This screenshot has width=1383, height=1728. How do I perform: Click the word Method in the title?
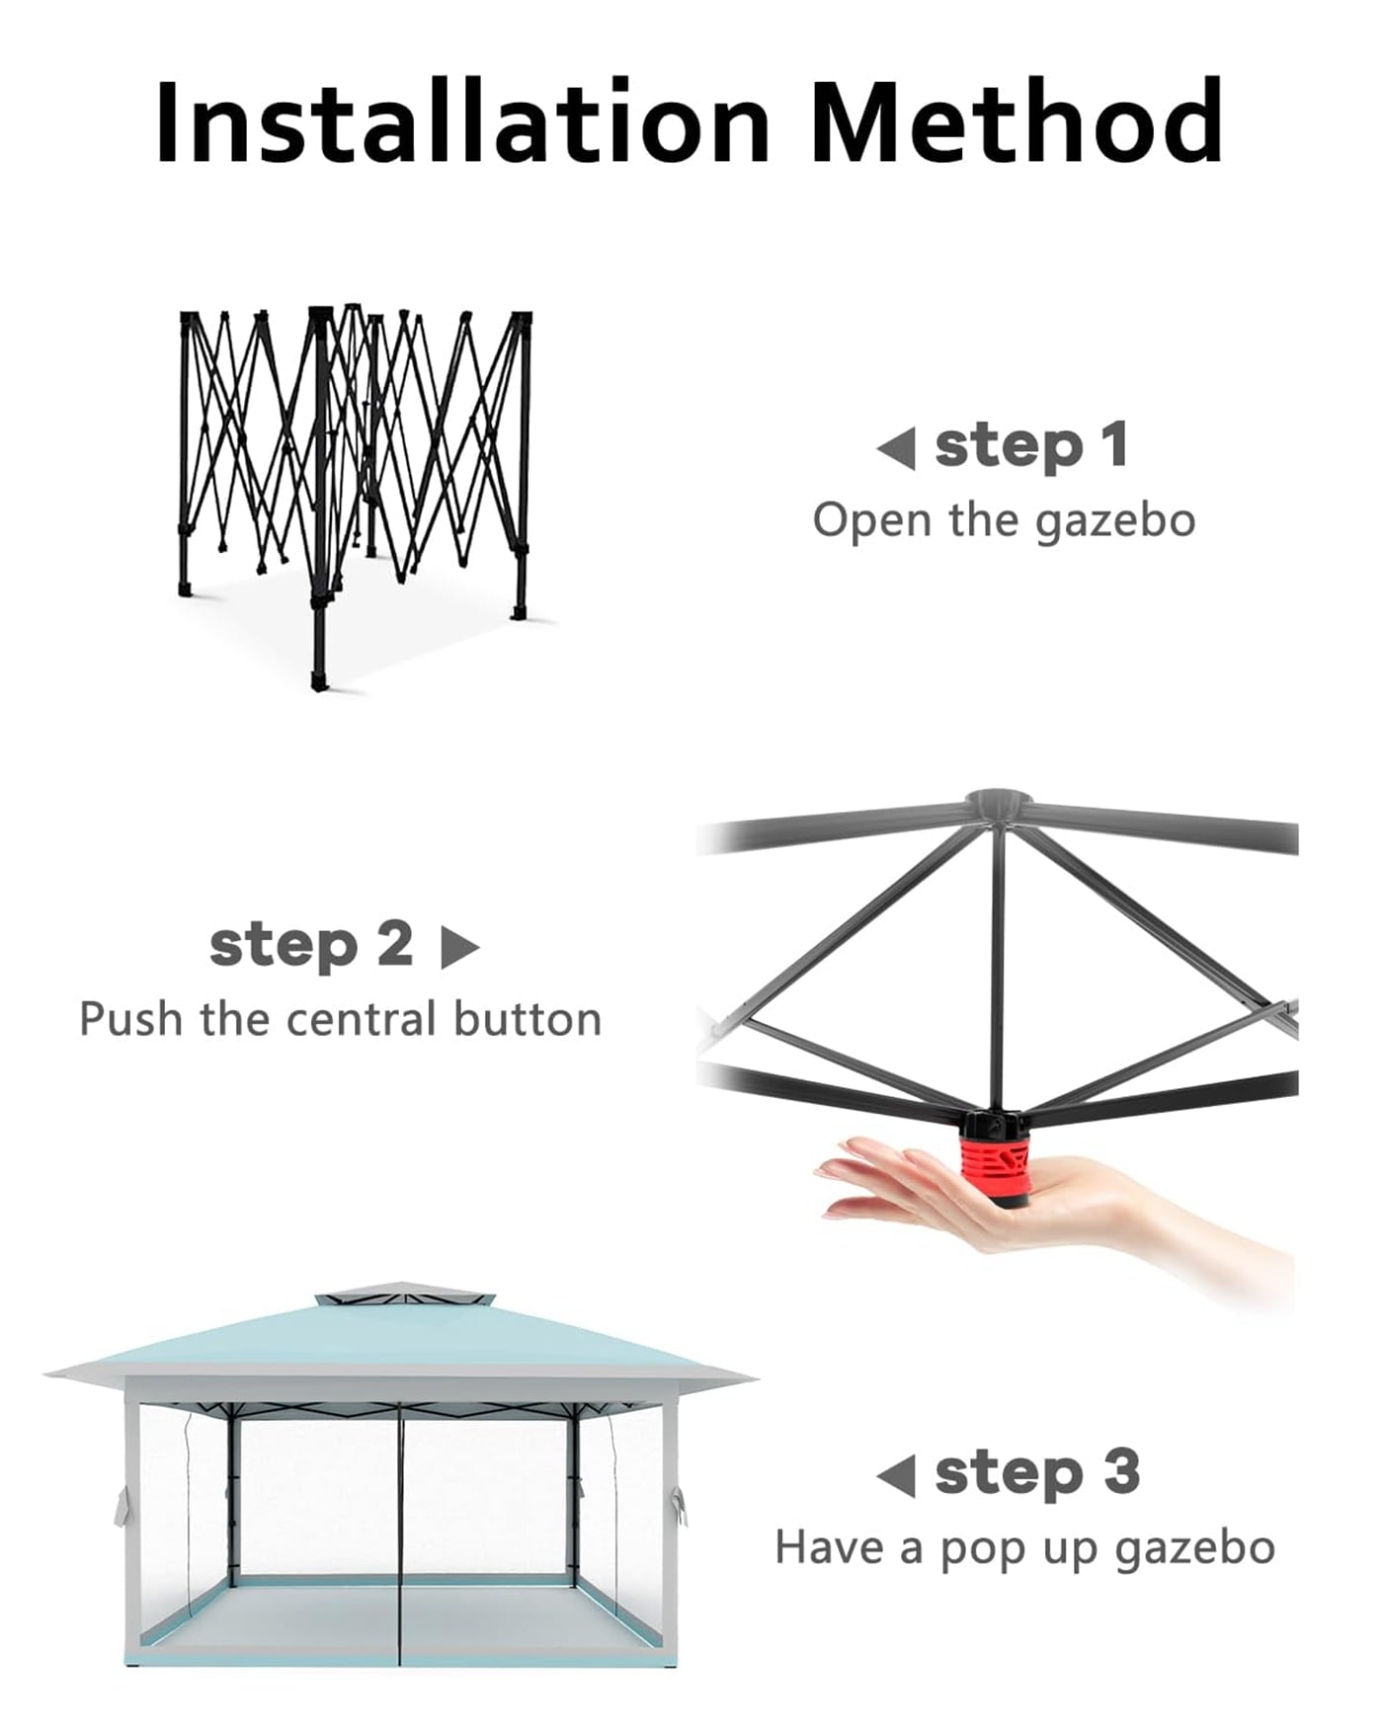[1017, 120]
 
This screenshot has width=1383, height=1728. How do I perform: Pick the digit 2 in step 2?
[395, 943]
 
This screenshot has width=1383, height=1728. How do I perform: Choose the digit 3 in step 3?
[1121, 1472]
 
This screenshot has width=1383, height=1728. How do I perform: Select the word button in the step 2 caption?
[528, 1018]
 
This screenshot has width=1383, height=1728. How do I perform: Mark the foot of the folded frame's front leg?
[319, 682]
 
